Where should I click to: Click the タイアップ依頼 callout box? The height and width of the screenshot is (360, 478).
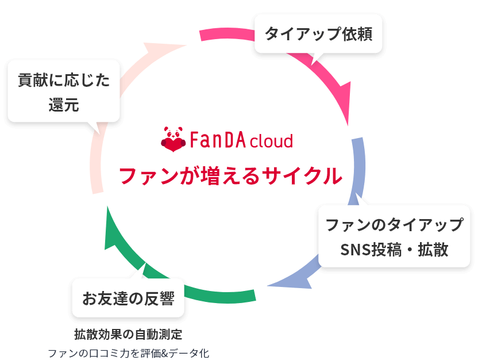(x=318, y=33)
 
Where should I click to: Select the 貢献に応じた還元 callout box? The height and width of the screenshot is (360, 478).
(x=64, y=92)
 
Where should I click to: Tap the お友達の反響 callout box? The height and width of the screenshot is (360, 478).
(x=128, y=298)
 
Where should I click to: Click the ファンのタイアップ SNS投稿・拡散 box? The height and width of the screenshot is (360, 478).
(x=394, y=236)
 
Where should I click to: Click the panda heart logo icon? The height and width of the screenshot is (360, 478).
(x=172, y=140)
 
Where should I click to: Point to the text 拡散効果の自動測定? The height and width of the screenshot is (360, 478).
(x=128, y=334)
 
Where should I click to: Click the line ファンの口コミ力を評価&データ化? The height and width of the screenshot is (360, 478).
(x=128, y=353)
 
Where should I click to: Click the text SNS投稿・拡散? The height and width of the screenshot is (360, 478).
(x=394, y=250)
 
